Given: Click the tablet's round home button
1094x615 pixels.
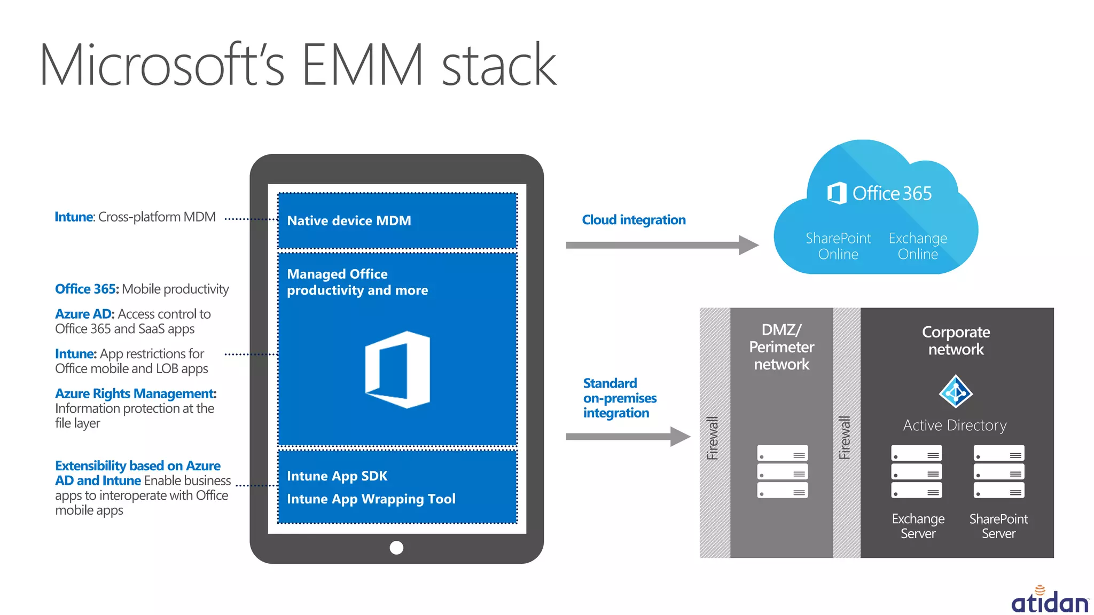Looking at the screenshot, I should click(x=396, y=548).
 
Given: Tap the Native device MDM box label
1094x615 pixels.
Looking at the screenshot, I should click(x=349, y=220).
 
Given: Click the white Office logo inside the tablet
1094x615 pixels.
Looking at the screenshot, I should click(x=397, y=369).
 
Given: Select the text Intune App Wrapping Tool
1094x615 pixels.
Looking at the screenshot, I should click(x=371, y=499).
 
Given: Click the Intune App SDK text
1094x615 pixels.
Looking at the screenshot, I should click(x=337, y=476).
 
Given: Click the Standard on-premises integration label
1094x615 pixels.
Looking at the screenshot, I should click(x=619, y=398).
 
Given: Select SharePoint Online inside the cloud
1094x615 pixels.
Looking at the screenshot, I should click(x=838, y=246).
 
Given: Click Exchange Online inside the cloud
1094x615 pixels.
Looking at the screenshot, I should click(x=917, y=246).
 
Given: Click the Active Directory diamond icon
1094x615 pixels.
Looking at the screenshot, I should click(x=956, y=392).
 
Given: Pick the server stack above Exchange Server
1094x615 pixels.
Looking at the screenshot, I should click(x=916, y=471).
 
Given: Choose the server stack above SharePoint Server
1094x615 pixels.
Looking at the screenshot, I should click(x=998, y=471).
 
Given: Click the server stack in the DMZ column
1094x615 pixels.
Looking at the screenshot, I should click(x=782, y=471).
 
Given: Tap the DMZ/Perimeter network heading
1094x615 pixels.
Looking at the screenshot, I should click(x=782, y=347).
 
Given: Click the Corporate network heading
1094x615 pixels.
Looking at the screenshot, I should click(x=956, y=341).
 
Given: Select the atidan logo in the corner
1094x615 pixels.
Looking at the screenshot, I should click(x=1049, y=601).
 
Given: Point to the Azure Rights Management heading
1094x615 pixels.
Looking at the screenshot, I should click(x=135, y=393).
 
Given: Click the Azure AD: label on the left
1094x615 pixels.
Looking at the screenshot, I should click(x=84, y=314).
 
